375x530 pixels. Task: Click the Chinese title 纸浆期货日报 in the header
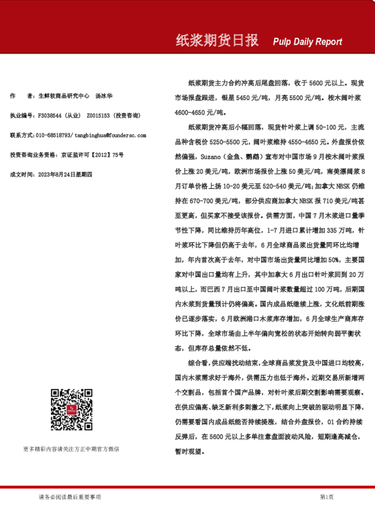217,41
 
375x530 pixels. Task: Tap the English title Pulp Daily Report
308,42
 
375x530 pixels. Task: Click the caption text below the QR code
71,449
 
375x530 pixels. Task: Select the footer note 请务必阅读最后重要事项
69,497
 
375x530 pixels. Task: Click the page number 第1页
326,497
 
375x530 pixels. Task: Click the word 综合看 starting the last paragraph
199,363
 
